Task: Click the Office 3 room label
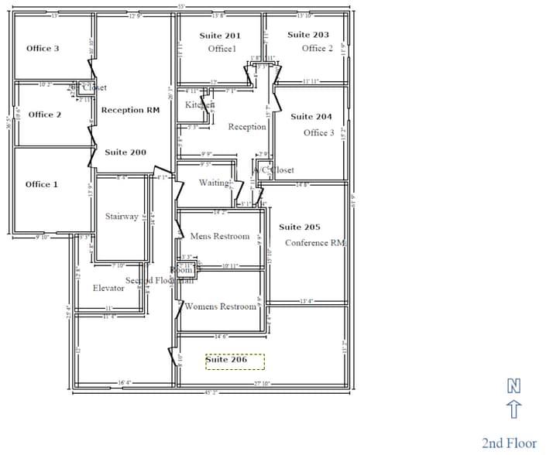coord(43,49)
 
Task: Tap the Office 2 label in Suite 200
coord(45,115)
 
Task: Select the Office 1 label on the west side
coord(42,184)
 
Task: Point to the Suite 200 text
coord(125,152)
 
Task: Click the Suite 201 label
coord(220,36)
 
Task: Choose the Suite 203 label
coord(308,35)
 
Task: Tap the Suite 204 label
coord(311,117)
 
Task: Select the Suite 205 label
coord(300,227)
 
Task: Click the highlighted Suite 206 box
coord(235,361)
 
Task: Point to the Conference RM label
coord(316,243)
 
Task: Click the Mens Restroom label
coord(220,236)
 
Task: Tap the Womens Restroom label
coord(220,306)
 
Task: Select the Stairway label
coord(122,216)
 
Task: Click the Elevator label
coord(108,288)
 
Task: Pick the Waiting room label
coord(215,183)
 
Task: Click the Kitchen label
coord(200,104)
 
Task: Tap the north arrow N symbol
coord(513,385)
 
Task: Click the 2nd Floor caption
coord(509,443)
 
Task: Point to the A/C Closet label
coord(274,170)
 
